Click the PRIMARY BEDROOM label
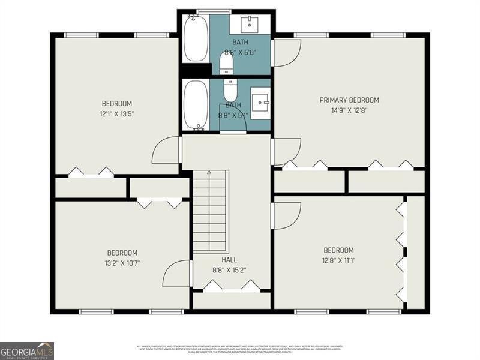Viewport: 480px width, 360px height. click(349, 100)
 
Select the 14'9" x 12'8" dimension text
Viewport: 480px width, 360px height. click(349, 110)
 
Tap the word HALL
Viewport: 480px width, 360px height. click(229, 260)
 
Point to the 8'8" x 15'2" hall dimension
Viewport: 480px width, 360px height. click(229, 269)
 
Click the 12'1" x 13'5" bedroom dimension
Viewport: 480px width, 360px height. click(116, 113)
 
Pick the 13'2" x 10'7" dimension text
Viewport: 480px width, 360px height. click(122, 263)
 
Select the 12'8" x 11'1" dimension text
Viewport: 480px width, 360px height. click(338, 260)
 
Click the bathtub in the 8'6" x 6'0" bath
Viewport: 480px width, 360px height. click(196, 38)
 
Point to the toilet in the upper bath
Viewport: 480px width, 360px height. click(227, 61)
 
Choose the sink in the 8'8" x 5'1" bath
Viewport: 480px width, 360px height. click(260, 103)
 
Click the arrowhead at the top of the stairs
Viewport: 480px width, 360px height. click(209, 173)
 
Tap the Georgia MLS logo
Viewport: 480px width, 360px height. click(27, 350)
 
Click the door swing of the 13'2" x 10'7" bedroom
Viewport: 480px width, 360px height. click(178, 274)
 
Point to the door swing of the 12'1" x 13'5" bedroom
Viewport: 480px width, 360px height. click(167, 150)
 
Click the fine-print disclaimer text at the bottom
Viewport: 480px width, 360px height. click(240, 349)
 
